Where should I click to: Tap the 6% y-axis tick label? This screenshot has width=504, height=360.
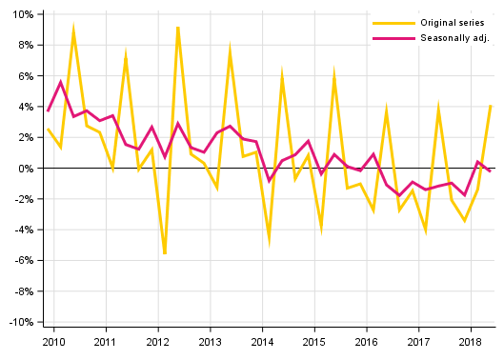(24, 76)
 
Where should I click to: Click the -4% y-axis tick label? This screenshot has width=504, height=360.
(22, 230)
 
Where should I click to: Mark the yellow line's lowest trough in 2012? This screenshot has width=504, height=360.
(165, 254)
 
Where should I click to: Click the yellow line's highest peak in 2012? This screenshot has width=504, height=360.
(178, 27)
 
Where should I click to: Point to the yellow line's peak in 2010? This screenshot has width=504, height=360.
(73, 30)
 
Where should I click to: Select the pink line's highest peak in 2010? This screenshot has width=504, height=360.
(61, 82)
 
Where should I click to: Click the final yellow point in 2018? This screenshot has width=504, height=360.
(491, 105)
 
